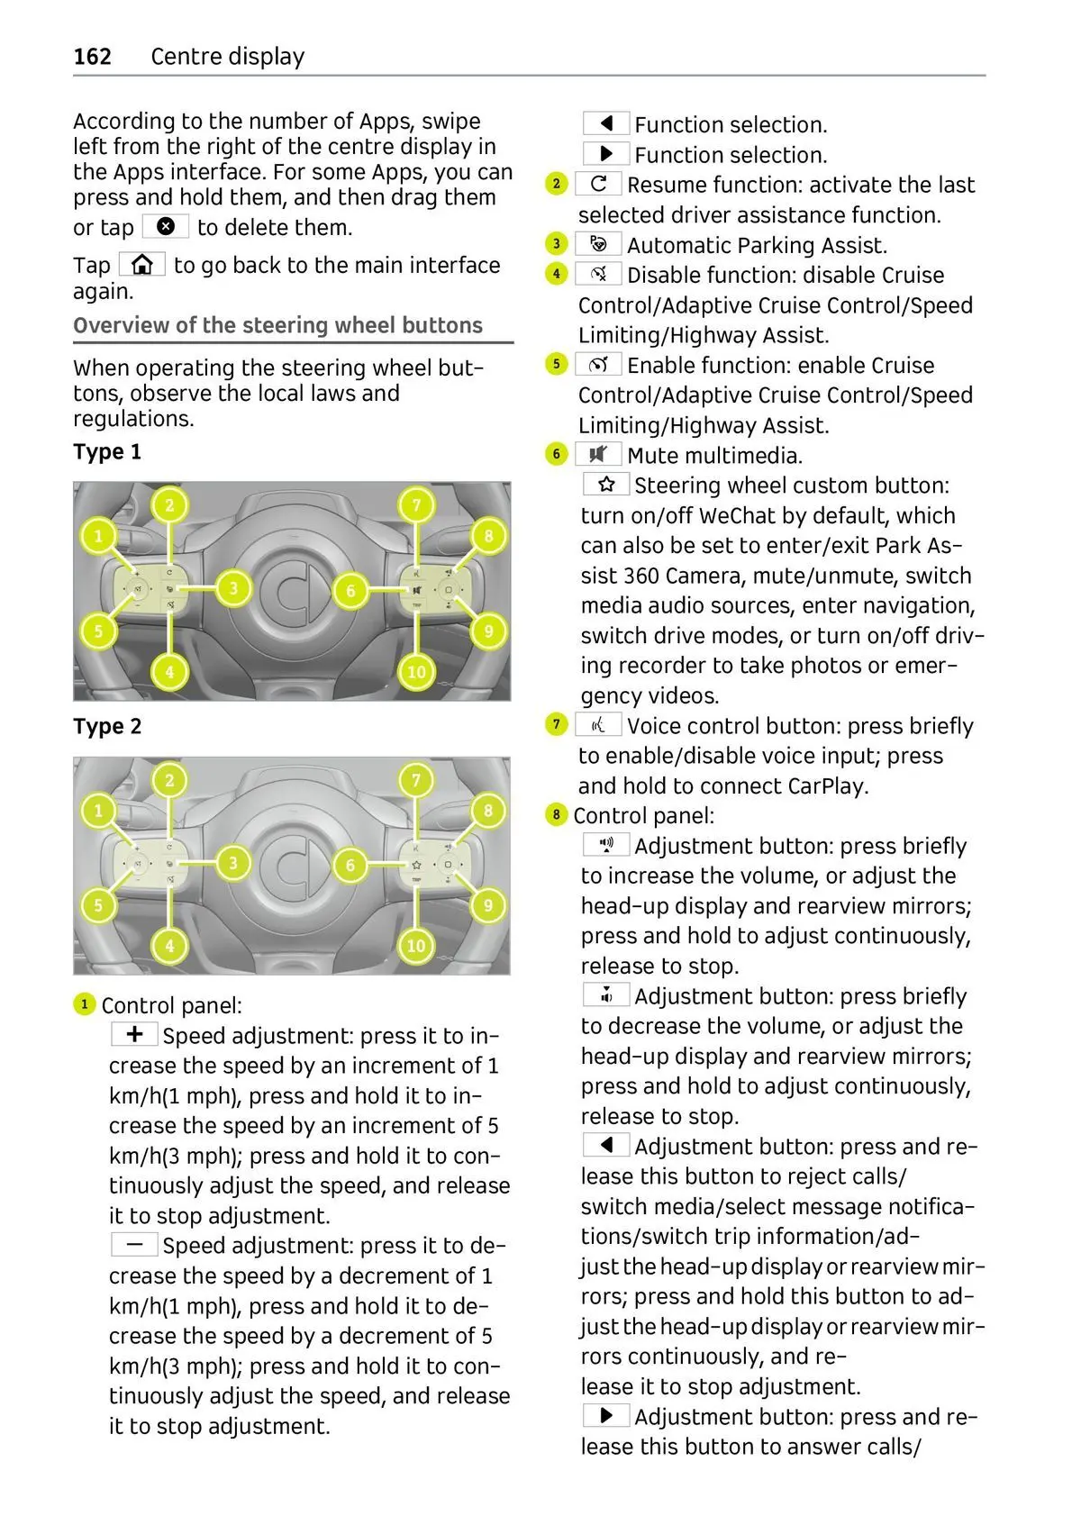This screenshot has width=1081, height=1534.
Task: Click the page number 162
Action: [x=92, y=57]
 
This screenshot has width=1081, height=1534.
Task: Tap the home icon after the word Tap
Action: [x=141, y=265]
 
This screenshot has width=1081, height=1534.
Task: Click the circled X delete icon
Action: [x=165, y=226]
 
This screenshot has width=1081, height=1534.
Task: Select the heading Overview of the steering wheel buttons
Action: [x=277, y=325]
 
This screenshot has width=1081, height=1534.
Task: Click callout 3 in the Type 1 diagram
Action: [x=233, y=589]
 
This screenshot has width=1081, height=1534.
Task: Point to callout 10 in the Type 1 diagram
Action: [x=416, y=671]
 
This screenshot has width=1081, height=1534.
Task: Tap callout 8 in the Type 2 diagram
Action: [x=488, y=811]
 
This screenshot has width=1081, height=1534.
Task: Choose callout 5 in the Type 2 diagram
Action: [x=98, y=905]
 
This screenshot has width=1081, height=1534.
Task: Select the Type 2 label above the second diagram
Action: [x=107, y=726]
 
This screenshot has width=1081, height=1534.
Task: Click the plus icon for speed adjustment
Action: [x=134, y=1034]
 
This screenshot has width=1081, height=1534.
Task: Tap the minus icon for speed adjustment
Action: [x=134, y=1245]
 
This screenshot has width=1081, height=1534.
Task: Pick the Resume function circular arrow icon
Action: [x=598, y=184]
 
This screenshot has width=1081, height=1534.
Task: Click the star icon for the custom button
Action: [x=606, y=485]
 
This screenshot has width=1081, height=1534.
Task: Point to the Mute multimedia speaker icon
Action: [x=598, y=454]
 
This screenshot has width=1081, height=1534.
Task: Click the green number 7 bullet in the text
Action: [x=557, y=724]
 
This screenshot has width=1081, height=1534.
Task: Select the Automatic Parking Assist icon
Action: [x=598, y=244]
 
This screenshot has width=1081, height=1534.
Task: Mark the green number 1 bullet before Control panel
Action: [x=84, y=1004]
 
